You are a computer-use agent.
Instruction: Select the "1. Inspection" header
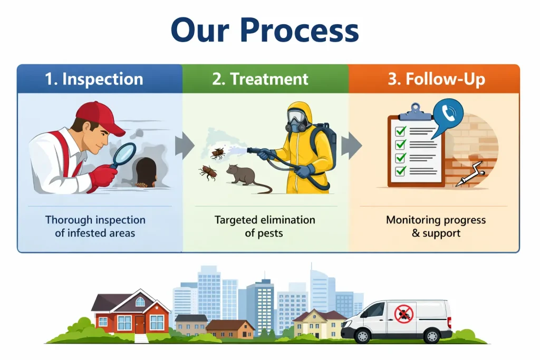click(x=94, y=79)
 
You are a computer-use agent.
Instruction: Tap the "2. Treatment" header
click(x=260, y=79)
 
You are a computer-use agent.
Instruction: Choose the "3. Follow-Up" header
click(x=436, y=79)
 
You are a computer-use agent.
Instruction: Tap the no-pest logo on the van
click(x=404, y=315)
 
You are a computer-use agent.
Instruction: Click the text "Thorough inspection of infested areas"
click(x=95, y=226)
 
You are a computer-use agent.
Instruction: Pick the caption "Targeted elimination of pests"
click(x=265, y=226)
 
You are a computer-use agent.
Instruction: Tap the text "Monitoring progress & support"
click(x=436, y=226)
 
